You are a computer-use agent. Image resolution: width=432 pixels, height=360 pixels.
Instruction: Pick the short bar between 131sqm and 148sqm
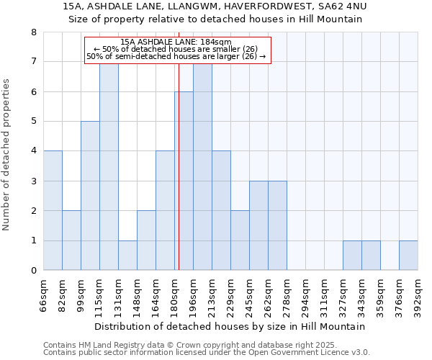[127, 256]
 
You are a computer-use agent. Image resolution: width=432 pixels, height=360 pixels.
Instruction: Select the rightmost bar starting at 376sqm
[408, 256]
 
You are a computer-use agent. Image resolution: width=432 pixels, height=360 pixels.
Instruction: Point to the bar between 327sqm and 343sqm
[352, 256]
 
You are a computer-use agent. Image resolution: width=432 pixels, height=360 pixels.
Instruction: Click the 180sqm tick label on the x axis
[175, 296]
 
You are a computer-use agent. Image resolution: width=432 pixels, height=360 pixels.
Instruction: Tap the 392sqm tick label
[418, 296]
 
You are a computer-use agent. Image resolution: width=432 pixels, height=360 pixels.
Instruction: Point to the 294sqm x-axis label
[306, 296]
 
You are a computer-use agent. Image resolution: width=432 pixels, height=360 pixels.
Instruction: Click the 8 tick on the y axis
[33, 32]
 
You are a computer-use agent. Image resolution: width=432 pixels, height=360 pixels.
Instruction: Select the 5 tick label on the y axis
[33, 122]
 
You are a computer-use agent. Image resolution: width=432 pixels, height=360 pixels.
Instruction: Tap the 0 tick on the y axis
[33, 271]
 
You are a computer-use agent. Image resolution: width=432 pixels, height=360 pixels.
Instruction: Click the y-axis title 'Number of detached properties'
[7, 156]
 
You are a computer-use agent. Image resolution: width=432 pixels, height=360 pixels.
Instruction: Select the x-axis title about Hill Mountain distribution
[230, 326]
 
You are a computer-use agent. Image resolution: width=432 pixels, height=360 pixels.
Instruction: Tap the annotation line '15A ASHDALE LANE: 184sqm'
[176, 42]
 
